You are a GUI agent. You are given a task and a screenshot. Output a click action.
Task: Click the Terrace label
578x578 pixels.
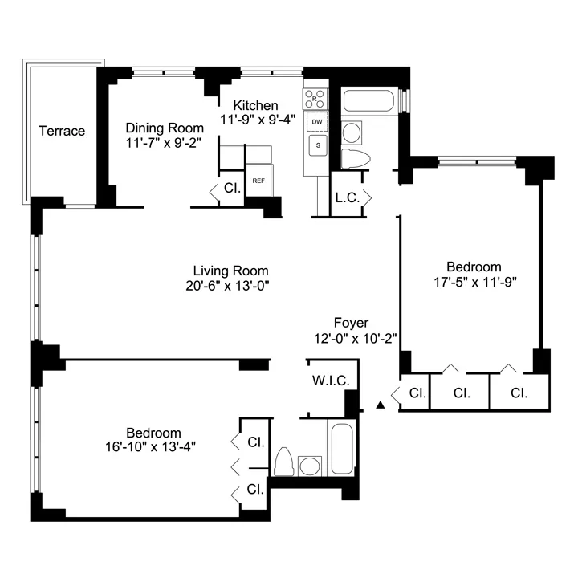tap(62, 131)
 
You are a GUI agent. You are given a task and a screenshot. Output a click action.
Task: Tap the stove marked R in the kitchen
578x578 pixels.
tap(315, 100)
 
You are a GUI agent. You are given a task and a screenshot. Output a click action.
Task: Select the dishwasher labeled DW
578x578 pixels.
tap(317, 122)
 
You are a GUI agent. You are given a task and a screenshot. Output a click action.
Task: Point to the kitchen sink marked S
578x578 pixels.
tap(318, 145)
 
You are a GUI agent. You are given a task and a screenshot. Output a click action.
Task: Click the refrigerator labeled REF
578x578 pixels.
tap(258, 181)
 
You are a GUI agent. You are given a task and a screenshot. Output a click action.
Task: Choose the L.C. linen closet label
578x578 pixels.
tap(347, 196)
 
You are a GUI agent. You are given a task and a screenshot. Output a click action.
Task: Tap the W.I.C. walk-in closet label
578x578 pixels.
tap(330, 381)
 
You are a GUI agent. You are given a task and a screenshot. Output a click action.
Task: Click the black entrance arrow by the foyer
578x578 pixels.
tap(381, 406)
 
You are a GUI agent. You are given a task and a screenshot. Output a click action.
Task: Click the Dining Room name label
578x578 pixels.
tap(160, 127)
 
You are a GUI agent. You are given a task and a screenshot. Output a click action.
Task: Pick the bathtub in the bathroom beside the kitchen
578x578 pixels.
tap(368, 103)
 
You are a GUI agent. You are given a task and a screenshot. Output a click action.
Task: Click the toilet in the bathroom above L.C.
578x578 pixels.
tap(353, 157)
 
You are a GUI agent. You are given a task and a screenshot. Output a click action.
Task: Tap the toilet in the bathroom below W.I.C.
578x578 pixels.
tap(283, 463)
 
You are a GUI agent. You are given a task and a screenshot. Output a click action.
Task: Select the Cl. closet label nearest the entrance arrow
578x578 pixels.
tap(417, 393)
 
